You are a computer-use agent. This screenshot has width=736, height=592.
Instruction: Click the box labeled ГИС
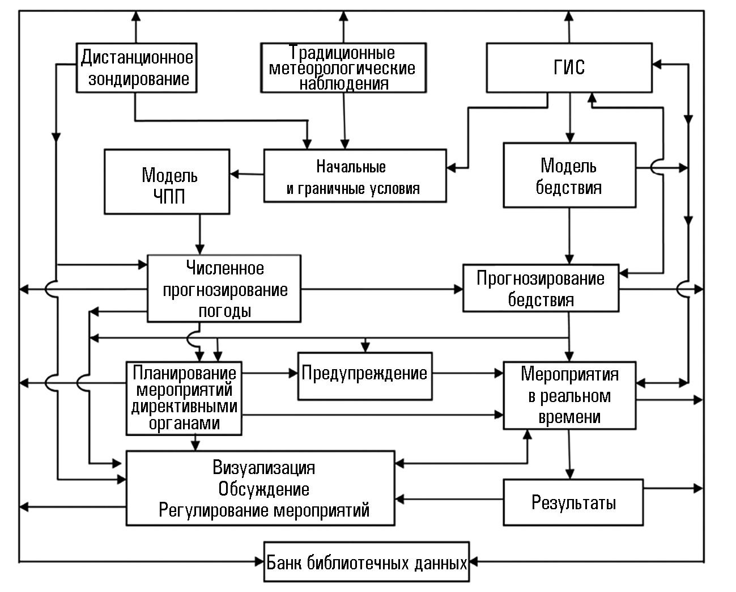[569, 67]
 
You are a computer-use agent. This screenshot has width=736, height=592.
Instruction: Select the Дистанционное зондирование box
[137, 67]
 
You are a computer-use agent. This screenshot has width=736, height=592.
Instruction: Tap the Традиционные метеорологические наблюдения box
[343, 67]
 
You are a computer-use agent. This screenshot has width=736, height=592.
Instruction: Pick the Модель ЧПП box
[167, 181]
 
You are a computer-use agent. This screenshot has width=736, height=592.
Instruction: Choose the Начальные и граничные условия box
[354, 175]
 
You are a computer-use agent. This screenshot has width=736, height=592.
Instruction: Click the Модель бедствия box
[569, 175]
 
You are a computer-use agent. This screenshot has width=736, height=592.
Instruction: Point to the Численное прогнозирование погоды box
[224, 289]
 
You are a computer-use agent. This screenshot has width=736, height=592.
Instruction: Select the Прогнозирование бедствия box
[541, 287]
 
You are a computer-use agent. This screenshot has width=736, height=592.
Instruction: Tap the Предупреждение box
[364, 374]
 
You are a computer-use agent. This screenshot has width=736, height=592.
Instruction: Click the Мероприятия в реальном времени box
[569, 395]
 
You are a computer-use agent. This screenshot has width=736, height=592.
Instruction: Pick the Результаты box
[573, 502]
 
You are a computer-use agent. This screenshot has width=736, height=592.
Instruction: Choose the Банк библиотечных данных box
[367, 563]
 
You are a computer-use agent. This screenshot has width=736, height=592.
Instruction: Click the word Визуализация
[264, 468]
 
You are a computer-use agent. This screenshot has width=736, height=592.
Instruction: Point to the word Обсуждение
[264, 489]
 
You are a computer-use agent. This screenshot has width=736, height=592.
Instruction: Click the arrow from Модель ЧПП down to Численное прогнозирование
[199, 234]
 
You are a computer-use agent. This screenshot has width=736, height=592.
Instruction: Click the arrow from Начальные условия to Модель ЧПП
[247, 174]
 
